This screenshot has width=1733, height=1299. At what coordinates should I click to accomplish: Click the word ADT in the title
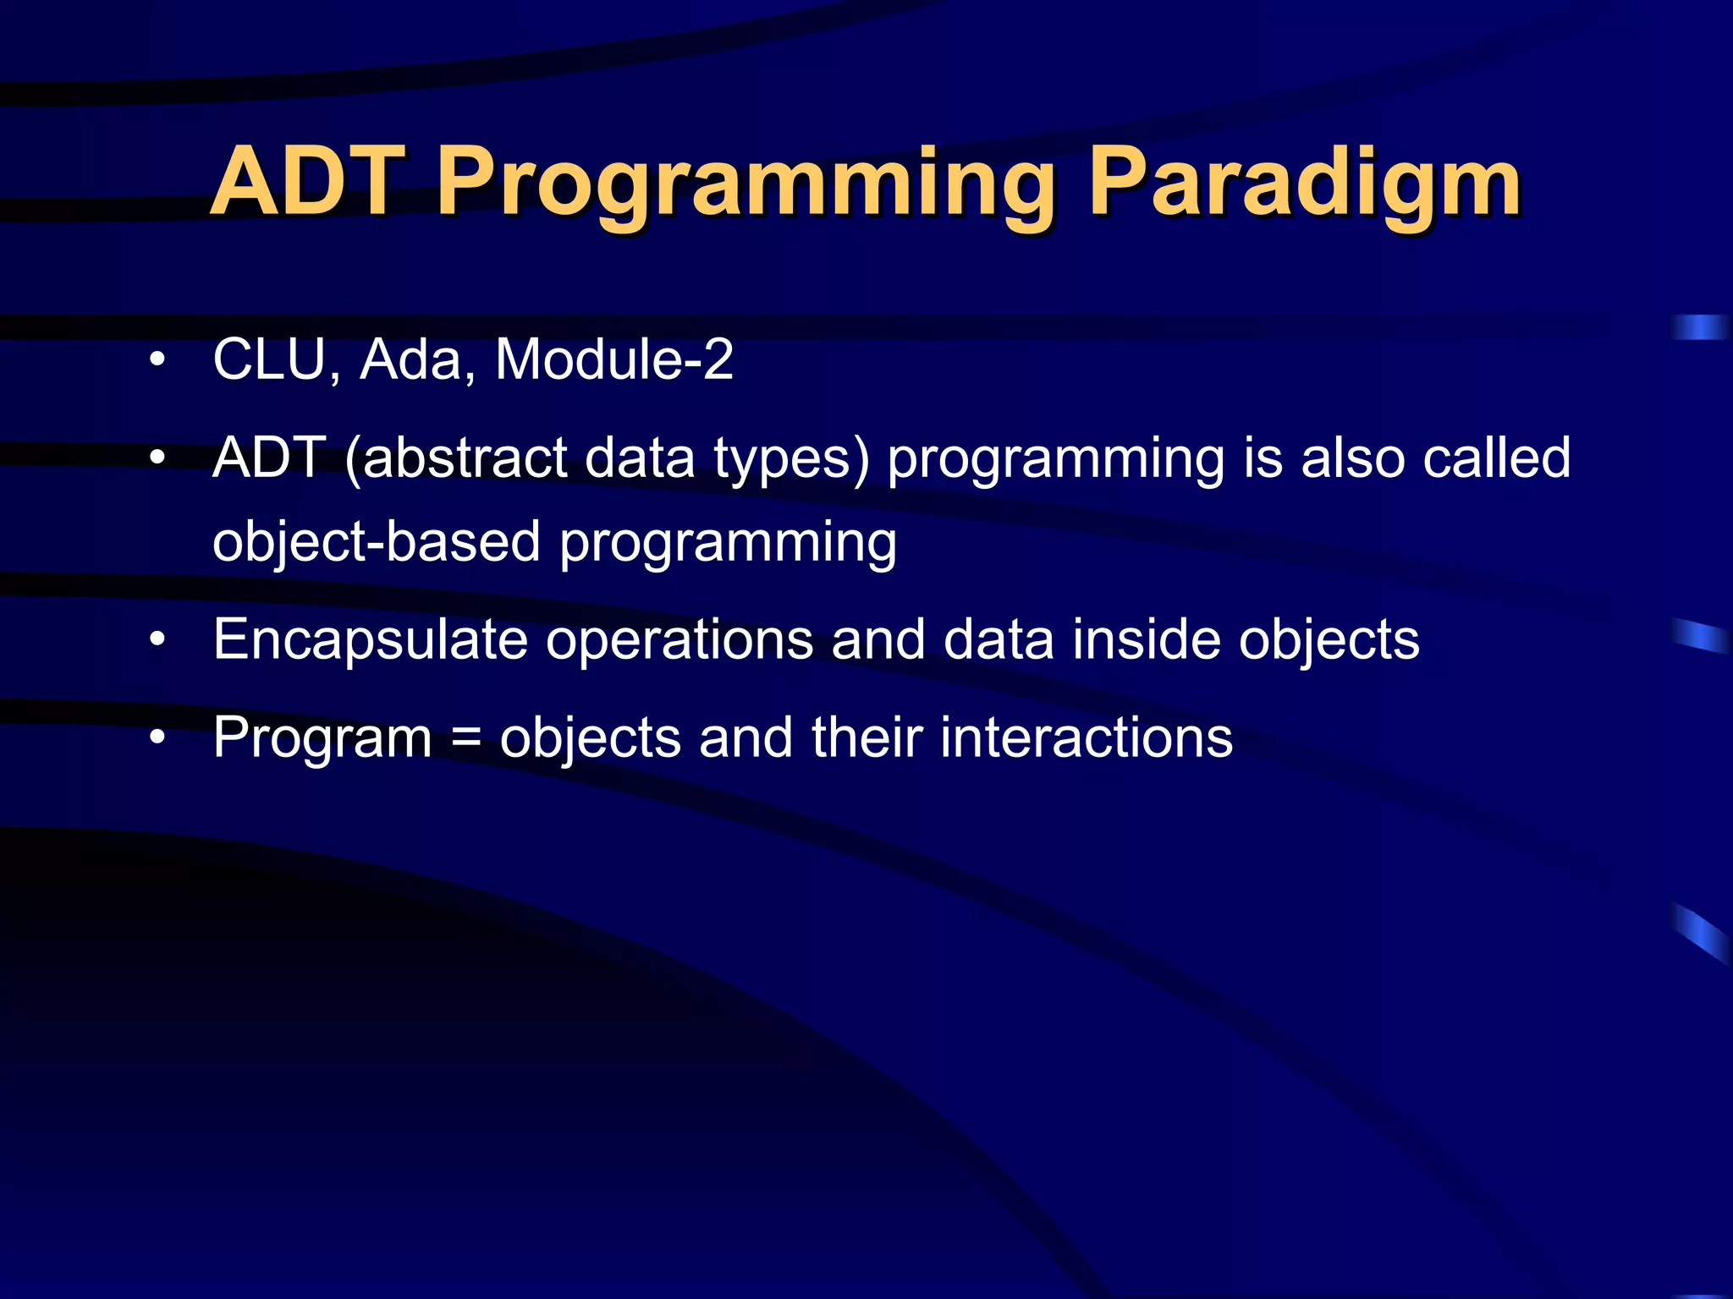tap(309, 182)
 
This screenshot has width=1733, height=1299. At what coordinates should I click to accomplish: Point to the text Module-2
tap(614, 359)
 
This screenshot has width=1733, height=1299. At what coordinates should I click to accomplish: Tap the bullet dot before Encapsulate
tap(157, 641)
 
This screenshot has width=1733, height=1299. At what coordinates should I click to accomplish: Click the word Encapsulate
tap(370, 641)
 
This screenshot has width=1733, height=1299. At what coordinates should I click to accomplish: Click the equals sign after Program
tap(466, 738)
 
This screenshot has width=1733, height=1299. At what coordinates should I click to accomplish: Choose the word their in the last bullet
tap(866, 737)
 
